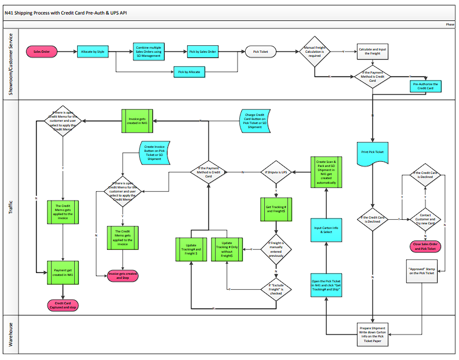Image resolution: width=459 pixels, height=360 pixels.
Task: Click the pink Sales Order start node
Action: [x=41, y=52]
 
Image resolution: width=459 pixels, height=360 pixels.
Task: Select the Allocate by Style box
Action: [x=93, y=52]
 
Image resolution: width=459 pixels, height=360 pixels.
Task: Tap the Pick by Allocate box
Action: [x=189, y=72]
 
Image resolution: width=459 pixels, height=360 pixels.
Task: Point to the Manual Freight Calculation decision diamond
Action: [x=315, y=52]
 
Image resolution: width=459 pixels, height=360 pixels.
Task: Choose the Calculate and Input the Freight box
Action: [x=373, y=52]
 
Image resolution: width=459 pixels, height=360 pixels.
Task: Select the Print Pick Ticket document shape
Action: [x=372, y=152]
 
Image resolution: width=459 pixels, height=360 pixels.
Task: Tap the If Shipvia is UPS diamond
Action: [x=276, y=172]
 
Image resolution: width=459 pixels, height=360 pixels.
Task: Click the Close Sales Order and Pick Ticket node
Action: [x=426, y=246]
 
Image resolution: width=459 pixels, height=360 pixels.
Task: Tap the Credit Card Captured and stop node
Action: [x=62, y=305]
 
